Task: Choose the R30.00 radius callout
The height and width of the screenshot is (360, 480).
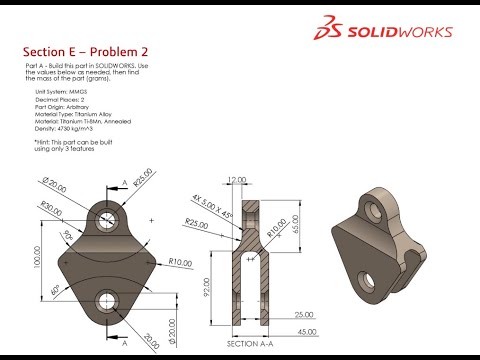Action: pyautogui.click(x=47, y=206)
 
